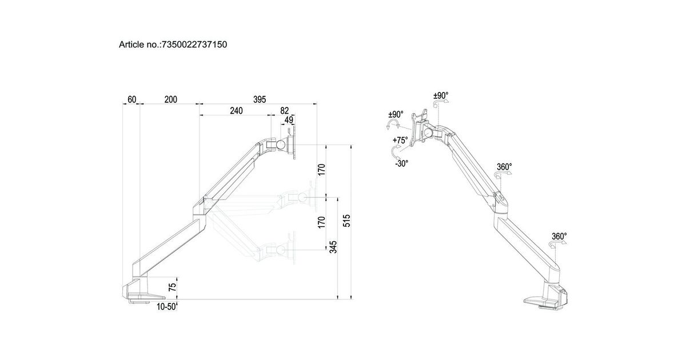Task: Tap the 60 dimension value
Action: click(x=132, y=99)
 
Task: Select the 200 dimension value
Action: click(x=170, y=99)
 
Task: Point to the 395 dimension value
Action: click(x=260, y=99)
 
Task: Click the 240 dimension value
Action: click(x=236, y=111)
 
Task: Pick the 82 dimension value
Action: click(x=284, y=111)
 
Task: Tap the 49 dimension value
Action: click(x=289, y=120)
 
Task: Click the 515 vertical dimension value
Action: click(x=347, y=221)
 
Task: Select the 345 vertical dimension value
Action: click(x=333, y=247)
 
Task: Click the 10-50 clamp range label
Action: click(x=166, y=307)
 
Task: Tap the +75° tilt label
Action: click(x=400, y=140)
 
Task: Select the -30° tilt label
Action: click(x=401, y=163)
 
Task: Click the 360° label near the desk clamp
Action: click(x=559, y=236)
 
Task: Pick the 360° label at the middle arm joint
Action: click(x=504, y=167)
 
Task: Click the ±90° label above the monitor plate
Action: click(x=441, y=95)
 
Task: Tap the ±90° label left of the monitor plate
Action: click(x=396, y=114)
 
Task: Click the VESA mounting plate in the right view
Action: click(x=421, y=125)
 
